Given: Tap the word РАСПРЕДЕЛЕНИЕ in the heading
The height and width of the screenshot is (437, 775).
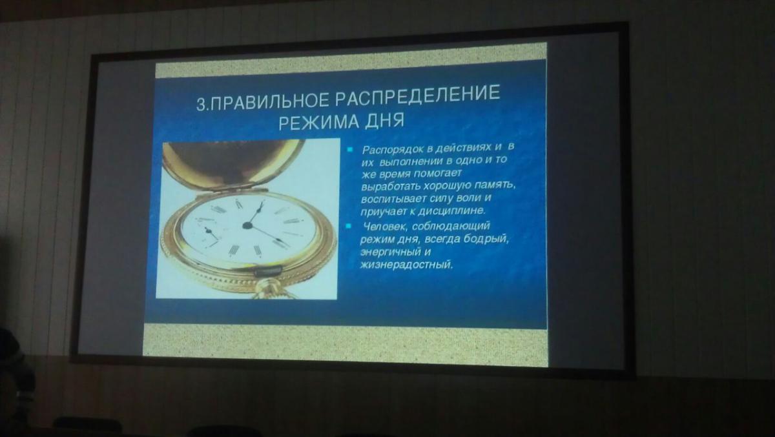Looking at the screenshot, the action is coord(417,95).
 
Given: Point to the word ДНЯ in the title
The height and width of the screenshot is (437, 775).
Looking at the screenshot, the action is coord(385,120).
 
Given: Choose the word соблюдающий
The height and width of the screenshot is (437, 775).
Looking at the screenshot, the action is coord(451,227).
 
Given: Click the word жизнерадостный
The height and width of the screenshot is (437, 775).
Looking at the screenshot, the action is coord(406,265).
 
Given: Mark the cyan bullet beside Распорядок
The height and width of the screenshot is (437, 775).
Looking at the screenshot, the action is coord(350,150).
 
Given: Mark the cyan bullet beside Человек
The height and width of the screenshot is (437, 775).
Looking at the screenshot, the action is coord(348,227).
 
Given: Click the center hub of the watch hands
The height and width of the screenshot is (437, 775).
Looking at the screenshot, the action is coord(247,226).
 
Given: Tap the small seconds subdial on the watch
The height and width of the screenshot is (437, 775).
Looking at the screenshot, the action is coord(207,231).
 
